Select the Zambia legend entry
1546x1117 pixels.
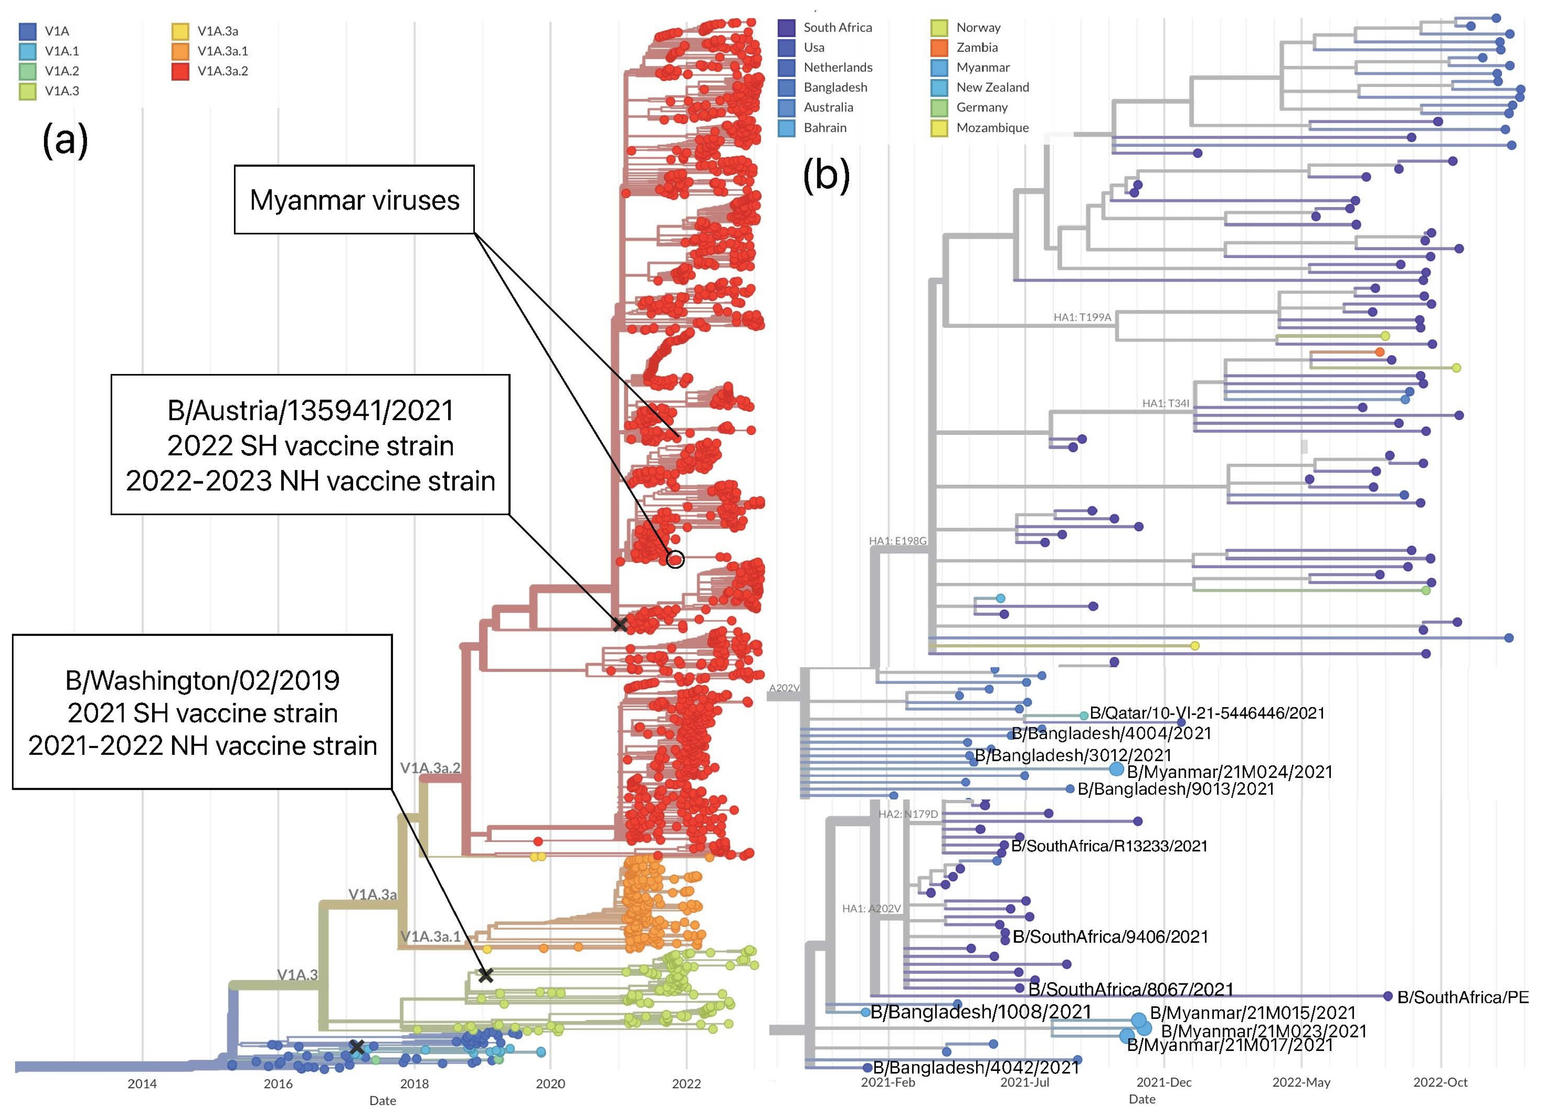point(976,47)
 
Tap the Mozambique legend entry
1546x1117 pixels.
point(992,127)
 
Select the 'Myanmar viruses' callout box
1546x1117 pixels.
point(355,200)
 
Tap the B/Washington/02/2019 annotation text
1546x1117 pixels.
point(202,680)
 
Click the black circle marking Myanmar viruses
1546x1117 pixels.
point(675,559)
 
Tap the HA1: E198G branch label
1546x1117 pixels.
point(897,541)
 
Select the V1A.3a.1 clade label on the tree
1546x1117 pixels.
point(430,936)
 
